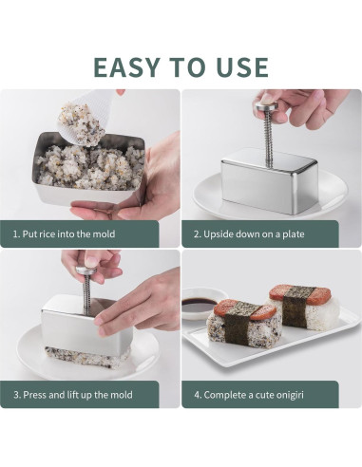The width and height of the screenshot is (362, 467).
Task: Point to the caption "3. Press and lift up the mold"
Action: pos(72,394)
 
